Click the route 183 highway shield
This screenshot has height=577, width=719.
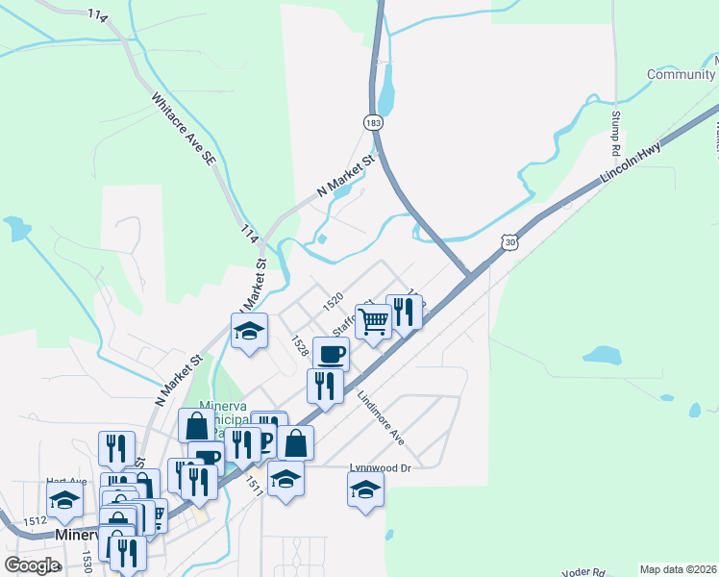click(x=373, y=122)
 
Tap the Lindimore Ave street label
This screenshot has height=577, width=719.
click(x=381, y=417)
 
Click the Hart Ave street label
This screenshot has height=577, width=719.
click(x=66, y=482)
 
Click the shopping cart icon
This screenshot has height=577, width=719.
click(x=374, y=320)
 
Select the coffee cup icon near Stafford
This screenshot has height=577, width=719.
click(x=331, y=353)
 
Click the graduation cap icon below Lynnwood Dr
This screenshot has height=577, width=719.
click(x=365, y=489)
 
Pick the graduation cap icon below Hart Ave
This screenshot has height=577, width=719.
click(x=64, y=499)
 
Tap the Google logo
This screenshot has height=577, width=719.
click(x=32, y=565)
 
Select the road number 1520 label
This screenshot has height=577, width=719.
click(x=334, y=301)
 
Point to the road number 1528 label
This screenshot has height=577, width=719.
click(x=301, y=346)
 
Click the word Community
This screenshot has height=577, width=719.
click(x=681, y=75)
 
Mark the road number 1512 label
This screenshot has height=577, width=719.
click(x=36, y=520)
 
